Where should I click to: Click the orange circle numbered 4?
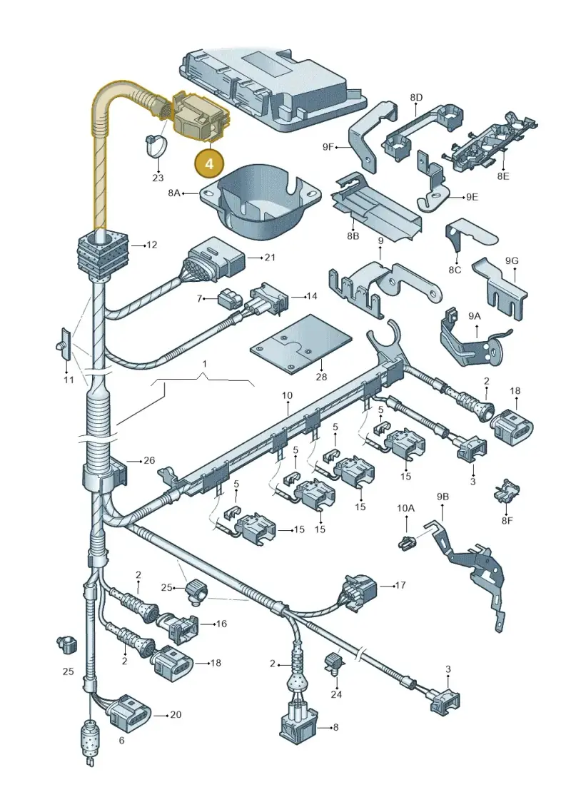[x=209, y=163]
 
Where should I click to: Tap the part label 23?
[x=158, y=178]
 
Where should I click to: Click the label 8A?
[x=174, y=193]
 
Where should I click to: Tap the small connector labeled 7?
[x=228, y=299]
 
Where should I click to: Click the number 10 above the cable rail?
[x=287, y=395]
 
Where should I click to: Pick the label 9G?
[x=511, y=261]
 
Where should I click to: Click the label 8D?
[x=416, y=97]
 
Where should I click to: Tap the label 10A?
[x=405, y=508]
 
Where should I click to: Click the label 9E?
[x=472, y=197]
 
